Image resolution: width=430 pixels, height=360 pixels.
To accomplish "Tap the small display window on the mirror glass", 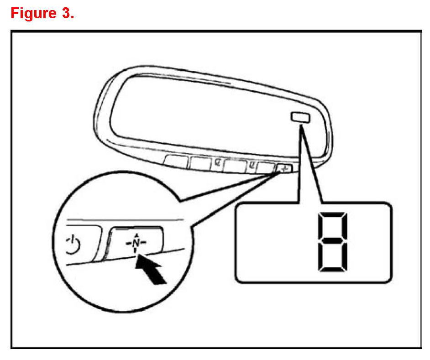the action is (x=299, y=118).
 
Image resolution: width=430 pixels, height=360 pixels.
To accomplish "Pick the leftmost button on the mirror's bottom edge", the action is (x=177, y=161).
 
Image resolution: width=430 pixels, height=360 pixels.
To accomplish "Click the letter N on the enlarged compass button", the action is (x=136, y=240).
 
